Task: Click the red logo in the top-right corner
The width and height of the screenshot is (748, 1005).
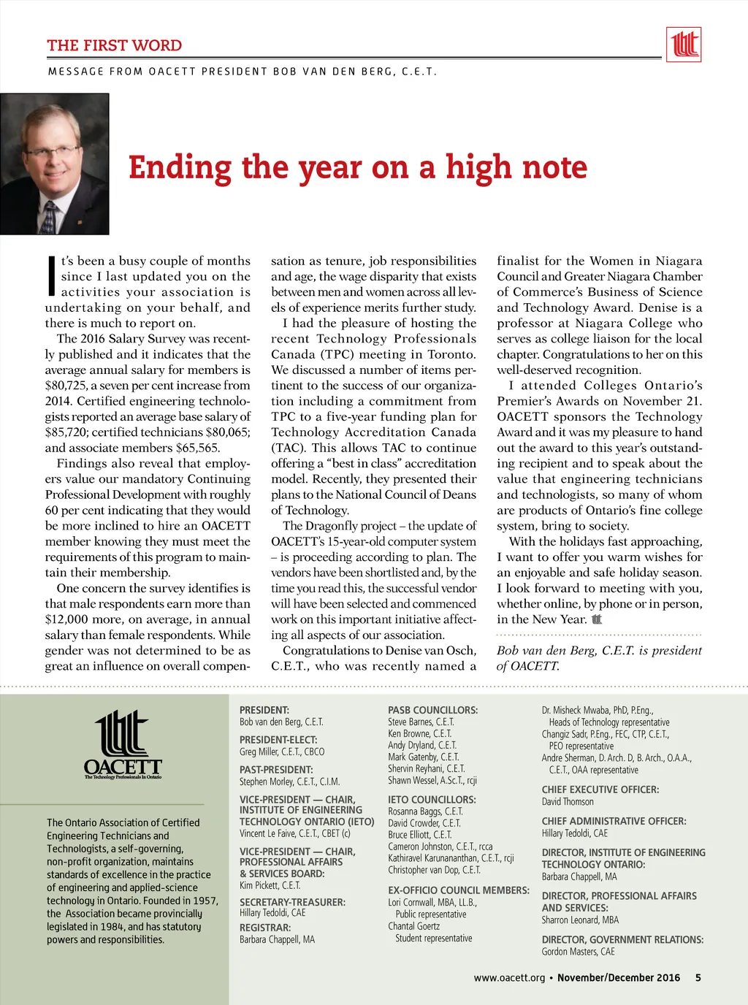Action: pos(684,45)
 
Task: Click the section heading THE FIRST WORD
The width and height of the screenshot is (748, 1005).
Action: pos(115,45)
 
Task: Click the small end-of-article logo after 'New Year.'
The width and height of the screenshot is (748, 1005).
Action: pos(597,619)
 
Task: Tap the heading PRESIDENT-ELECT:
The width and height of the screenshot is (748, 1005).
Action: pos(278,740)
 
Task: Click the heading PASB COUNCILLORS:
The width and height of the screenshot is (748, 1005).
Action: pos(432,710)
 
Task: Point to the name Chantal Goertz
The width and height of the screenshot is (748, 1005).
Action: pos(413,926)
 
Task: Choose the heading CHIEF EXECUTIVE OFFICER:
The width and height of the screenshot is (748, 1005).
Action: pos(600,790)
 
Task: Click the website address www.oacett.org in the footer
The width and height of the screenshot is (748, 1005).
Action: pos(509,978)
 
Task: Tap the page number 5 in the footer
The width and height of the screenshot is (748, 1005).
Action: pos(698,978)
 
